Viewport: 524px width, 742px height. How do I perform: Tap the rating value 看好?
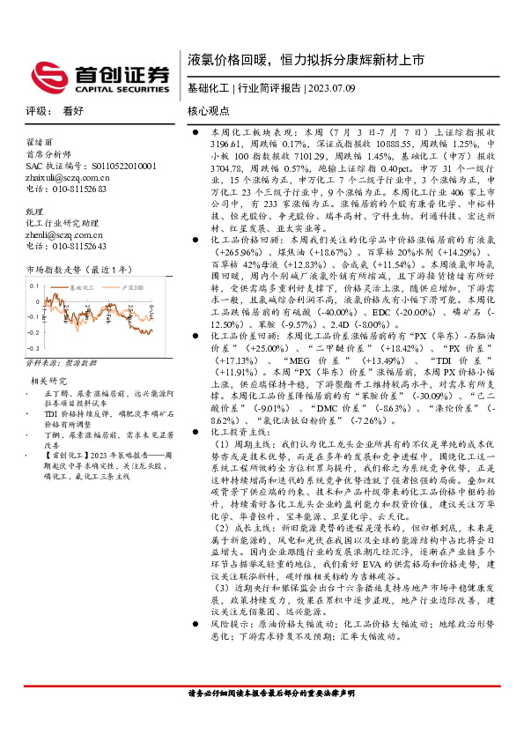[73, 112]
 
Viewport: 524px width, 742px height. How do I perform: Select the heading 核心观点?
[209, 112]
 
